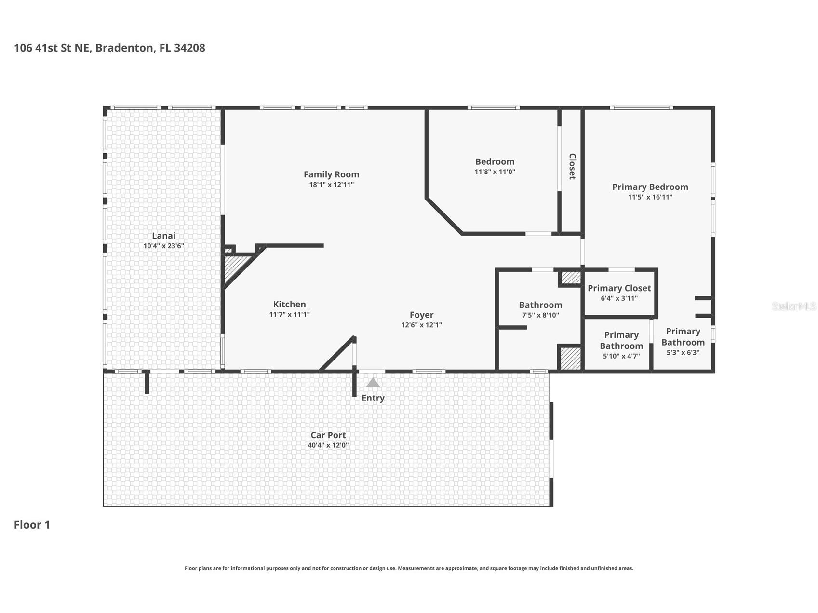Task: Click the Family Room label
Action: click(331, 174)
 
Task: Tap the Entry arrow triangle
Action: click(373, 383)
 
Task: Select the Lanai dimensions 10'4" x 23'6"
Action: click(163, 246)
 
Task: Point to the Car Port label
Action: click(328, 435)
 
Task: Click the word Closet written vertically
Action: click(572, 166)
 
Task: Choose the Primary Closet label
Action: click(619, 288)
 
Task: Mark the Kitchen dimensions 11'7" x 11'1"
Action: click(289, 314)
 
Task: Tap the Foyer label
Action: click(421, 315)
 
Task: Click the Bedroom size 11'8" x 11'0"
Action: click(495, 172)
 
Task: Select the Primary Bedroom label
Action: click(650, 187)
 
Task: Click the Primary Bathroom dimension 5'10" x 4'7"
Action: click(621, 357)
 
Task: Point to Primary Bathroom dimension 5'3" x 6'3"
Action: click(683, 352)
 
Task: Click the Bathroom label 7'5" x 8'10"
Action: click(540, 305)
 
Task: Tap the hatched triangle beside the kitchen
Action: click(234, 268)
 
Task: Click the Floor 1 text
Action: click(32, 525)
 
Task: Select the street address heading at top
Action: click(109, 48)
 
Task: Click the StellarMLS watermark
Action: click(793, 306)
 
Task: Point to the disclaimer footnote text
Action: click(409, 568)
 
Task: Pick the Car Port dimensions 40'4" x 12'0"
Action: click(328, 445)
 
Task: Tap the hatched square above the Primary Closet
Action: click(571, 278)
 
